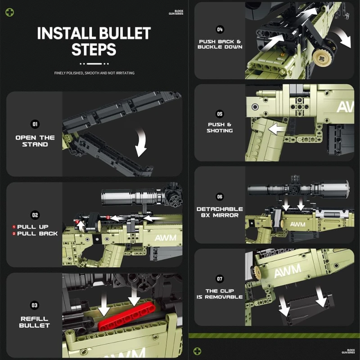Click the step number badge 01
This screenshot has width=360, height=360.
(x=35, y=124)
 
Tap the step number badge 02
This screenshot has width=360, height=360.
(x=35, y=215)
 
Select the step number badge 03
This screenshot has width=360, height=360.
(x=35, y=305)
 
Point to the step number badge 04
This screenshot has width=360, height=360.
(x=220, y=29)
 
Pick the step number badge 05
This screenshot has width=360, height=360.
(x=220, y=114)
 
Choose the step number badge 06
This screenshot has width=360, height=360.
(x=220, y=197)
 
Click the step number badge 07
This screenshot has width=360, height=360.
(x=220, y=279)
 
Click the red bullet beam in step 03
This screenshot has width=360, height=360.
(x=127, y=316)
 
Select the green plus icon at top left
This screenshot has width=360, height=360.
(x=9, y=13)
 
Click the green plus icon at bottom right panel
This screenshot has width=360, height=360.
(x=197, y=351)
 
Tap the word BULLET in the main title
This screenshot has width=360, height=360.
(x=125, y=33)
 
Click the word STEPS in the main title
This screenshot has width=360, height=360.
(x=94, y=49)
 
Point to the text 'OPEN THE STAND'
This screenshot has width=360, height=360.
(x=35, y=141)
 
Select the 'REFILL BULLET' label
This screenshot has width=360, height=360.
(x=35, y=322)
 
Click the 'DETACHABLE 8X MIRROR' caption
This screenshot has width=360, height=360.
(x=220, y=212)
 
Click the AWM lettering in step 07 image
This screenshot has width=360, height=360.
(x=288, y=270)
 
